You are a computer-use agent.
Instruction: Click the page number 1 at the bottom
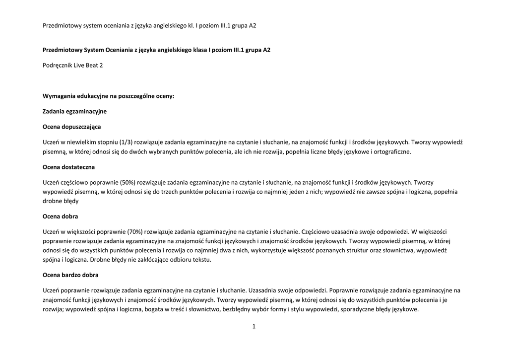[x=254, y=326]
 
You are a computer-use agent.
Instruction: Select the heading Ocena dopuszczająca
[x=72, y=127]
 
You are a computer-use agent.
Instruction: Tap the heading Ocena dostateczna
[x=69, y=167]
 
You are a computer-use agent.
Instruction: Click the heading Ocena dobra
[x=61, y=216]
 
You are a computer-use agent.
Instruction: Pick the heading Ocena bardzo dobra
[x=71, y=275]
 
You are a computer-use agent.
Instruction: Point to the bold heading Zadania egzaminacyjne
[x=75, y=111]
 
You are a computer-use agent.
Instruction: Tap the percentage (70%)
[x=135, y=231]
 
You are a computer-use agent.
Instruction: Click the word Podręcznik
[x=58, y=65]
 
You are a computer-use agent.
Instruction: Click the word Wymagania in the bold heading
[x=59, y=96]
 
